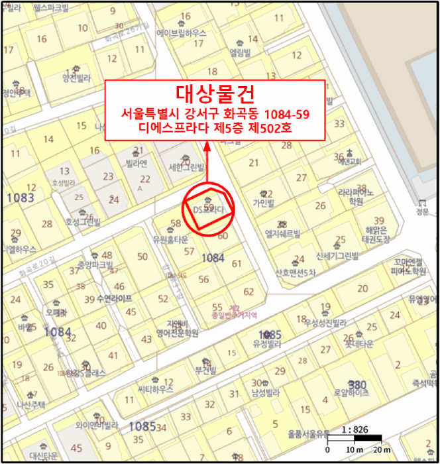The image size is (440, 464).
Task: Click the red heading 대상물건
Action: (215, 93)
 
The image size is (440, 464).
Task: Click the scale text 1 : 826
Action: (355, 430)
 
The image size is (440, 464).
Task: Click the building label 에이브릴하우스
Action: (182, 32)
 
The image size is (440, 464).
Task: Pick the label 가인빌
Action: (263, 203)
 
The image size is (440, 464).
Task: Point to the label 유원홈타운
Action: (172, 239)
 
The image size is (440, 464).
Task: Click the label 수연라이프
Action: (114, 299)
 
